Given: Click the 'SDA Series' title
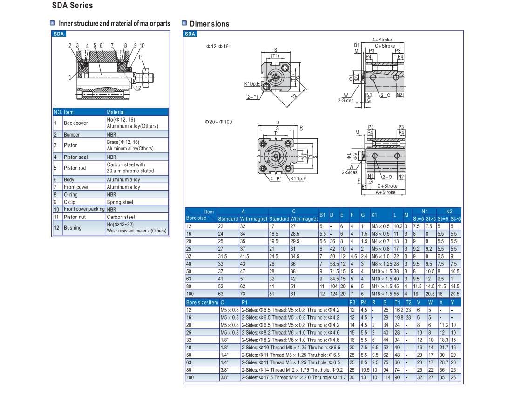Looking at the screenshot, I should click(72, 6).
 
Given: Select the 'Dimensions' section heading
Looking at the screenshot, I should click(209, 24).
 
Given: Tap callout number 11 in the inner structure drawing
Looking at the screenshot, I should click(141, 57).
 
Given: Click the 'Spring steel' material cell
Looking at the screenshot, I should click(120, 202).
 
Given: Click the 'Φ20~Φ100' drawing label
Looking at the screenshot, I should click(218, 122).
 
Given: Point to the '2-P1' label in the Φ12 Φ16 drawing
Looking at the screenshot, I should click(252, 97).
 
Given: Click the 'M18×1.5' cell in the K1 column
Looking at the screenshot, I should click(381, 294).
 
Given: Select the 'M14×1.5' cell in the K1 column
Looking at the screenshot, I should click(381, 287).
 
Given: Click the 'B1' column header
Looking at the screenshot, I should click(322, 215).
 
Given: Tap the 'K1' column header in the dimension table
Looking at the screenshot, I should click(374, 215).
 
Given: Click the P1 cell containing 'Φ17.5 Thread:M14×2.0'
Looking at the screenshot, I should click(294, 377).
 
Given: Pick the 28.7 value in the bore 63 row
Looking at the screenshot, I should click(443, 362).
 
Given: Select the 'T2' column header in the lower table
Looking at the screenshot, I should click(408, 302).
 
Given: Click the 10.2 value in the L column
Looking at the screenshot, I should click(398, 226).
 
